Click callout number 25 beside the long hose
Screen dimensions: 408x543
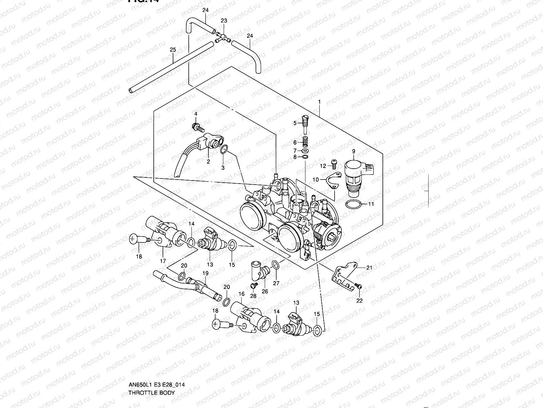(x=173, y=50)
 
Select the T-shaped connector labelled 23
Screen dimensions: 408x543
(x=223, y=37)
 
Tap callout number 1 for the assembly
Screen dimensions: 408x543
(x=319, y=102)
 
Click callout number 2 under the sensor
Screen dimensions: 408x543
(x=208, y=161)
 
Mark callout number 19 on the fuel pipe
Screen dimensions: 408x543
(x=205, y=273)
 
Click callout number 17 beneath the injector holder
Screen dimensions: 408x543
(x=163, y=261)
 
